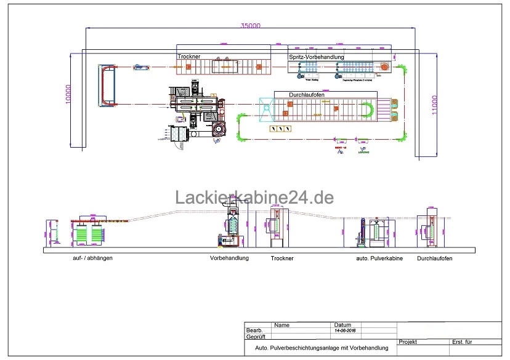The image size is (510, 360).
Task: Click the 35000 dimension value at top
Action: [251, 25]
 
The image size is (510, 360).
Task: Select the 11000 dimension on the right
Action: [435, 102]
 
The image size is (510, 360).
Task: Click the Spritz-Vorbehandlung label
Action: [316, 57]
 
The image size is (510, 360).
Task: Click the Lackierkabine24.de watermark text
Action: [254, 198]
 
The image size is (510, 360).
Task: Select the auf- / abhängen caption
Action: [92, 258]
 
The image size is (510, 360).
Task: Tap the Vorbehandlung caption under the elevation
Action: [229, 258]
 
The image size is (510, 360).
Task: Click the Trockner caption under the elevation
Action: [282, 258]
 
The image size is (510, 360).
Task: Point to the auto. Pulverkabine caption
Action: [379, 258]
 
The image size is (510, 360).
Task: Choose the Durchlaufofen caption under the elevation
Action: [434, 258]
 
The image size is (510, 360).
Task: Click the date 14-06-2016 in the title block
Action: [346, 330]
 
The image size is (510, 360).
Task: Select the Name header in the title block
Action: [282, 325]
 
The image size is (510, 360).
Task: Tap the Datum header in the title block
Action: [342, 325]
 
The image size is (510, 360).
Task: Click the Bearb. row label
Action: [255, 330]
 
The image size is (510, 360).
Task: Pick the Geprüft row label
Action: [256, 337]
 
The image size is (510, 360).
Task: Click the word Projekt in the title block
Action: [409, 342]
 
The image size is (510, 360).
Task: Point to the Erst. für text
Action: [462, 342]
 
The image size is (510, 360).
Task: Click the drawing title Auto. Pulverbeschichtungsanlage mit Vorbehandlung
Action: [322, 348]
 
